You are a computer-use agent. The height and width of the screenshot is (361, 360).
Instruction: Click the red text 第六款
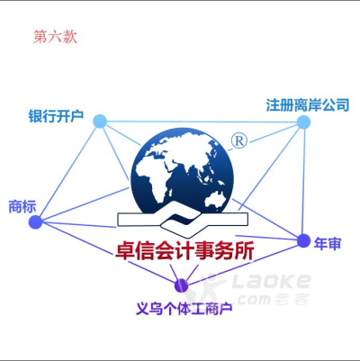55,37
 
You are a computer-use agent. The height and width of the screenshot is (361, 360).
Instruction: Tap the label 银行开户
56,116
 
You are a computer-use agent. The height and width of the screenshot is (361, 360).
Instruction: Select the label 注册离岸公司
308,105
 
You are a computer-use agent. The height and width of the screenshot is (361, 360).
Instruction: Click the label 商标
22,206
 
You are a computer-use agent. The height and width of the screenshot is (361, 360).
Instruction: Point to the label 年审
328,243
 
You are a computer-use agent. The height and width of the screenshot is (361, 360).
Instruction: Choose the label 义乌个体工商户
184,309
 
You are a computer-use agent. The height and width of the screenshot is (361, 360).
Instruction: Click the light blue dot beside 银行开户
100,122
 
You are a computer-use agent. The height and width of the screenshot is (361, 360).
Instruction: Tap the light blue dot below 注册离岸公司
303,122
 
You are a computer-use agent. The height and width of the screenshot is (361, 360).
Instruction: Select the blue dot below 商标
36,222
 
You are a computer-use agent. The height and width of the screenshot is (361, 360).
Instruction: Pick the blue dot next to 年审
303,240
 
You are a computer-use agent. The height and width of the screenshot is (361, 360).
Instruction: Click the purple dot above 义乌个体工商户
182,285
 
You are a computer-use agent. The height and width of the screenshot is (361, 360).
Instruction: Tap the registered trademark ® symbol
239,140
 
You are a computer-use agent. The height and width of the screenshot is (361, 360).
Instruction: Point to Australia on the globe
215,199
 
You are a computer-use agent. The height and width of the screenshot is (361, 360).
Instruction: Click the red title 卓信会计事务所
185,251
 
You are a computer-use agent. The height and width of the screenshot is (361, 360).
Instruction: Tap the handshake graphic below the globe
183,221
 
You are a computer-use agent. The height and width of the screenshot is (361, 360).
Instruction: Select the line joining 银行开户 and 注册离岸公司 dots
202,122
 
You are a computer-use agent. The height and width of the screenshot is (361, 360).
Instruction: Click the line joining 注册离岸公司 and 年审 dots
303,182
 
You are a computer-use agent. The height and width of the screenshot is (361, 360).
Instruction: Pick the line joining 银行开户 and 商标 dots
67,172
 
